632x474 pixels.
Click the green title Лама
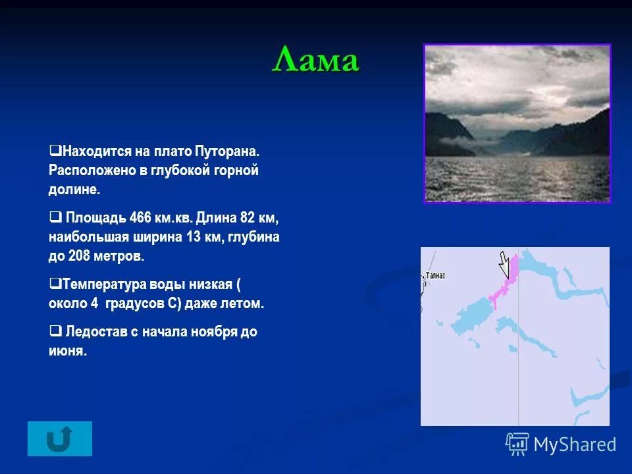(x=316, y=62)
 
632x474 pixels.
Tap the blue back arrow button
(x=60, y=438)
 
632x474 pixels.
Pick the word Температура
(x=101, y=284)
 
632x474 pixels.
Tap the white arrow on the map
(x=504, y=265)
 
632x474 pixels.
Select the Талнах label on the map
(x=435, y=276)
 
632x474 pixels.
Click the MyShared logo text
(x=574, y=445)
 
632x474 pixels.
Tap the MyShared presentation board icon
(x=517, y=444)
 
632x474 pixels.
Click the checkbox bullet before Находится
(x=55, y=151)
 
